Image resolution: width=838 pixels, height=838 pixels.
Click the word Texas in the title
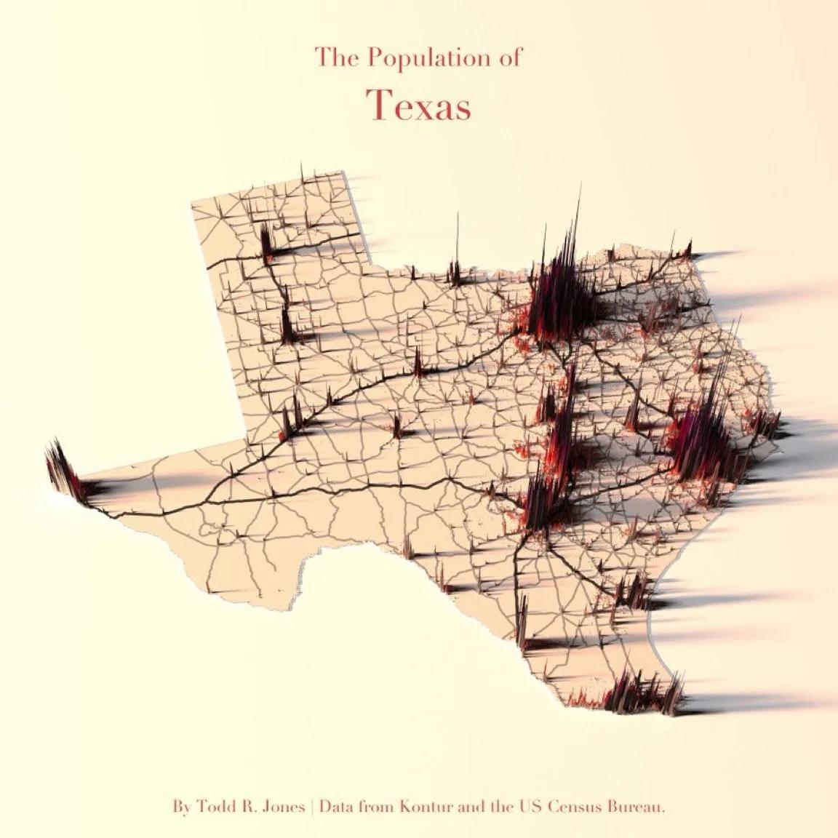pyautogui.click(x=418, y=105)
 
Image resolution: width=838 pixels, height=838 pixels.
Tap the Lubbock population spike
pyautogui.click(x=287, y=324)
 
